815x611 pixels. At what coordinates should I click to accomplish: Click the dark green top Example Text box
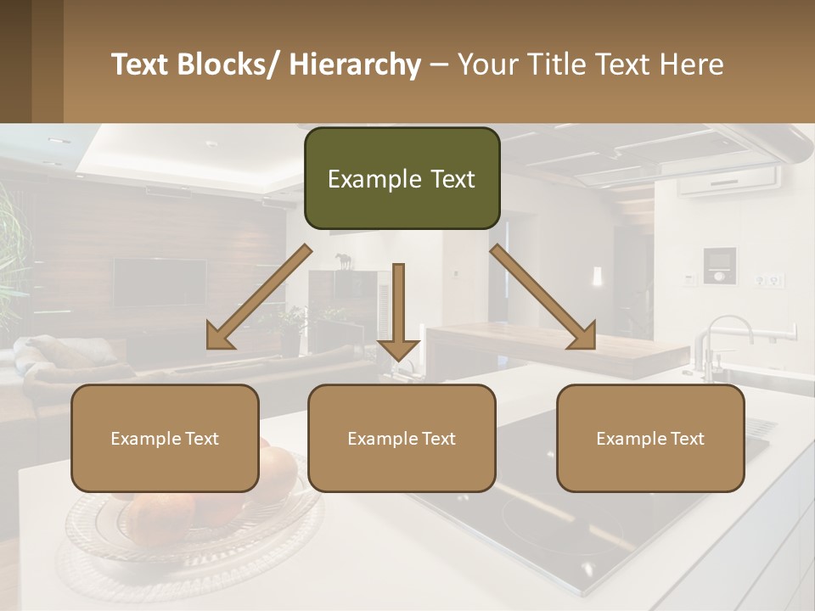coord(402,179)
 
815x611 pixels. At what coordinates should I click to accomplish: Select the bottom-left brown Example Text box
coord(165,438)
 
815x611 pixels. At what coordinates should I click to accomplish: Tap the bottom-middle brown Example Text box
coord(402,438)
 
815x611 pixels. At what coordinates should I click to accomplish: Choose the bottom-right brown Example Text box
coord(650,438)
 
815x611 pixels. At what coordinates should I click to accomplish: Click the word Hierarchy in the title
coord(355,64)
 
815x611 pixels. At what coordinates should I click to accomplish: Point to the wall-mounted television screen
coord(160,283)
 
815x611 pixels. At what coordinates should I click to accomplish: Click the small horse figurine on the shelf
coord(343,261)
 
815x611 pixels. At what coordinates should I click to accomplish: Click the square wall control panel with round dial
coord(720,266)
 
